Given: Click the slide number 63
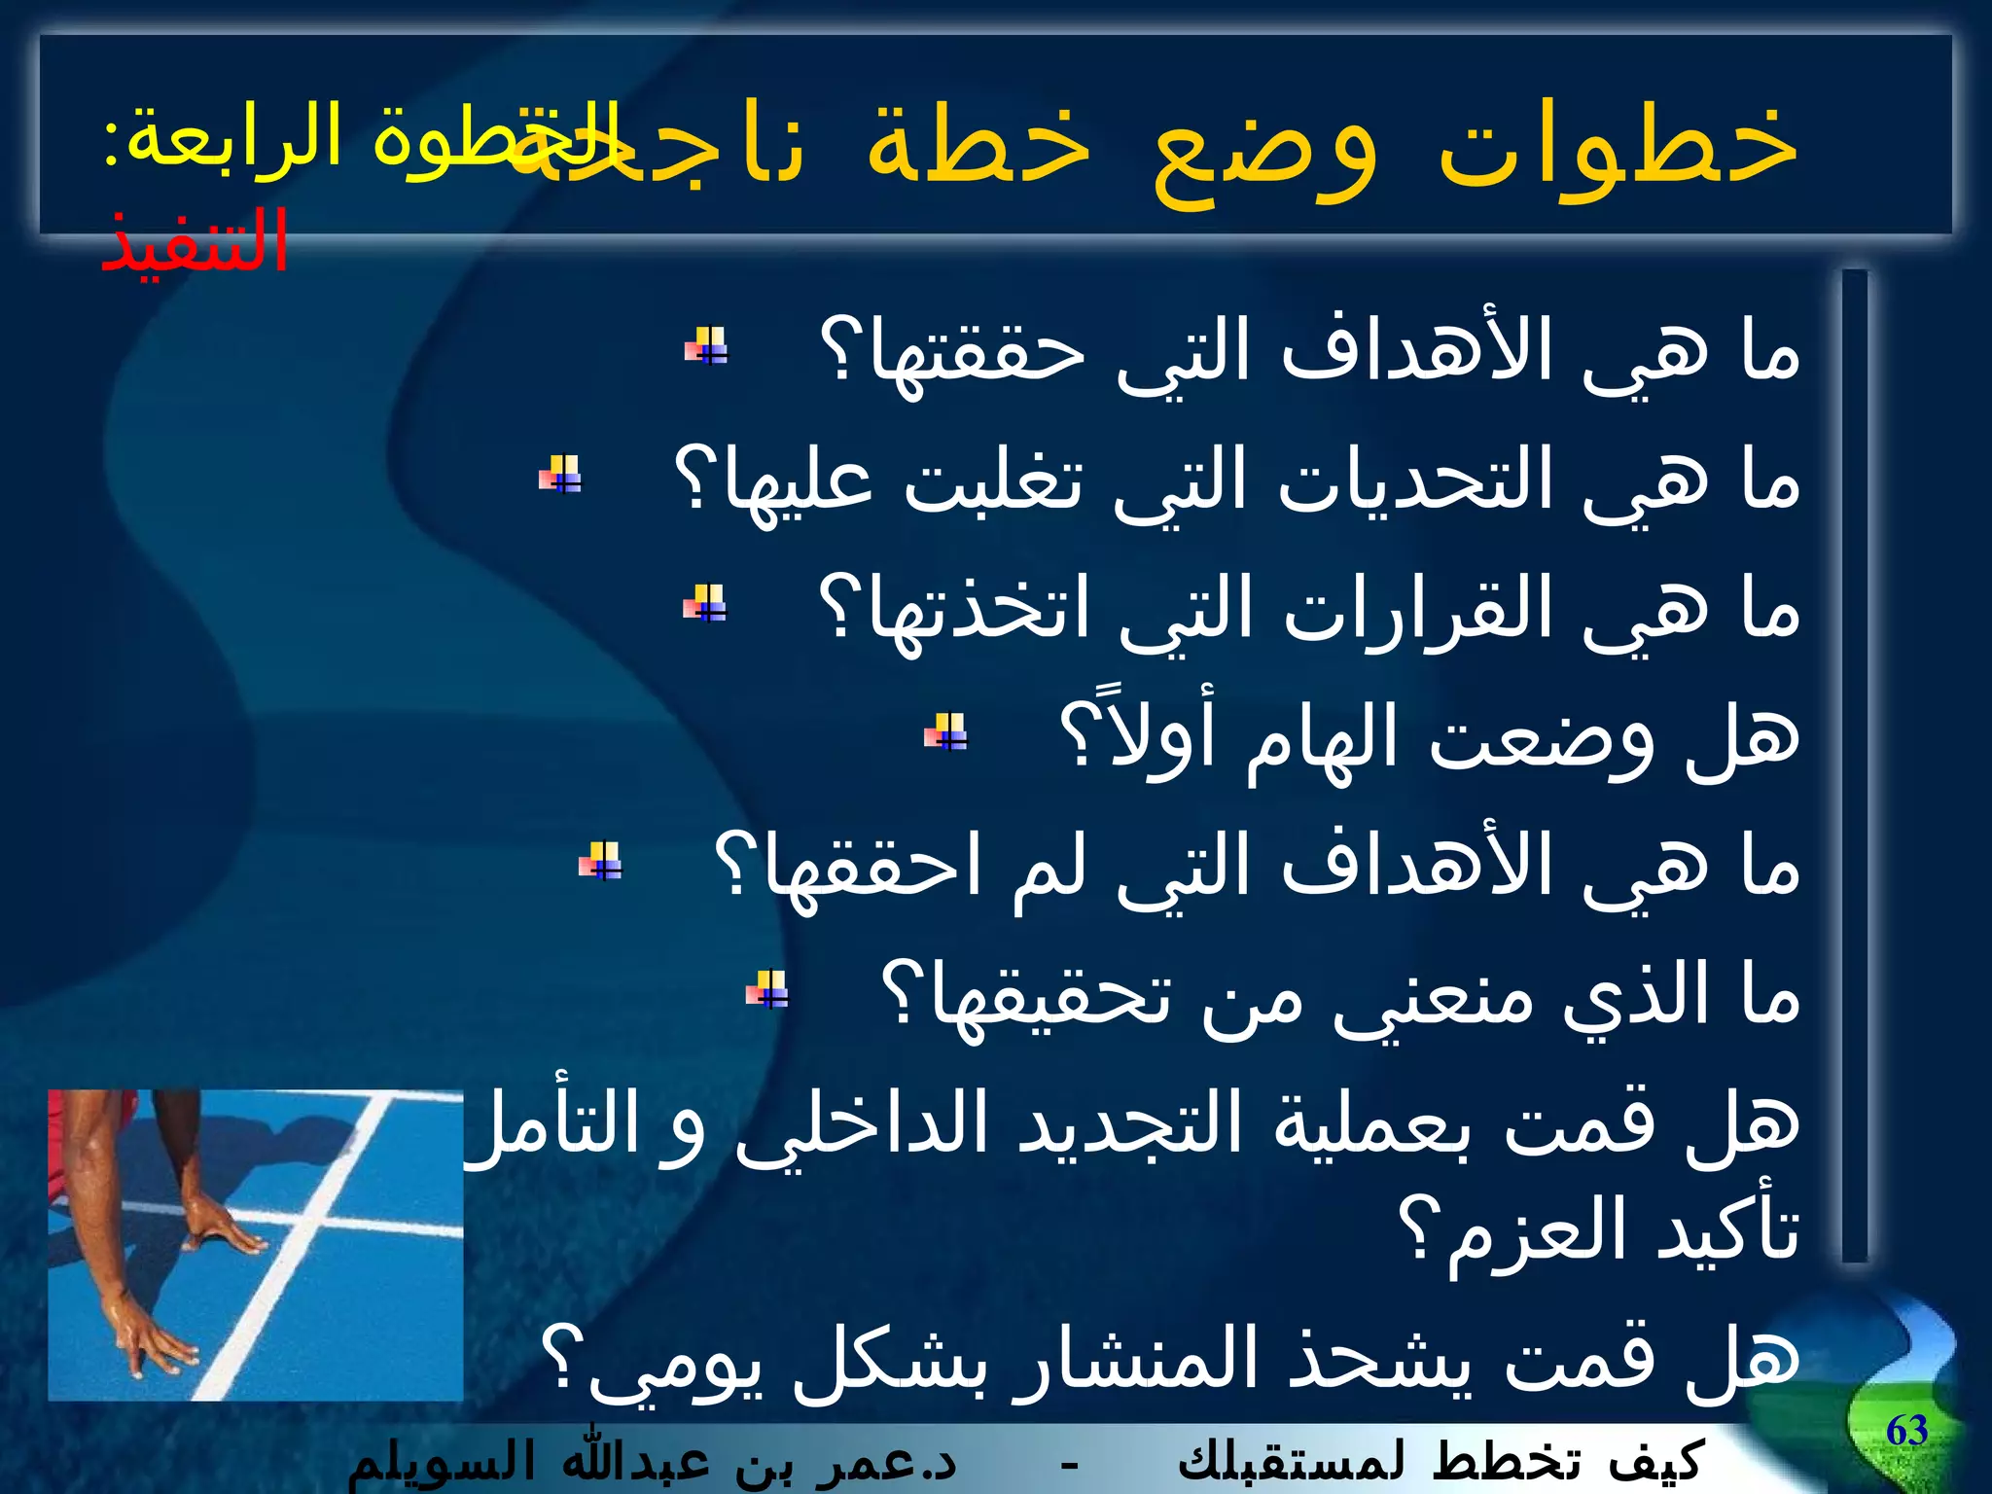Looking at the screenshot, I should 1906,1431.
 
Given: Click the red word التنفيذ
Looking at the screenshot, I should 195,241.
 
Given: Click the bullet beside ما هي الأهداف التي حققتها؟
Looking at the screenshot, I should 706,345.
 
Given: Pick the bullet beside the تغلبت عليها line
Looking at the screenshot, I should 561,475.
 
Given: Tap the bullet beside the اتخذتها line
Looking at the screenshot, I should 705,603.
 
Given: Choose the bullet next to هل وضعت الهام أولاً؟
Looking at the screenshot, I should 945,731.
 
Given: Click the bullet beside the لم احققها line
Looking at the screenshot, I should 600,861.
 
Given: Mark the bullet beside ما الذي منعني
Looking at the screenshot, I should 767,990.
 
